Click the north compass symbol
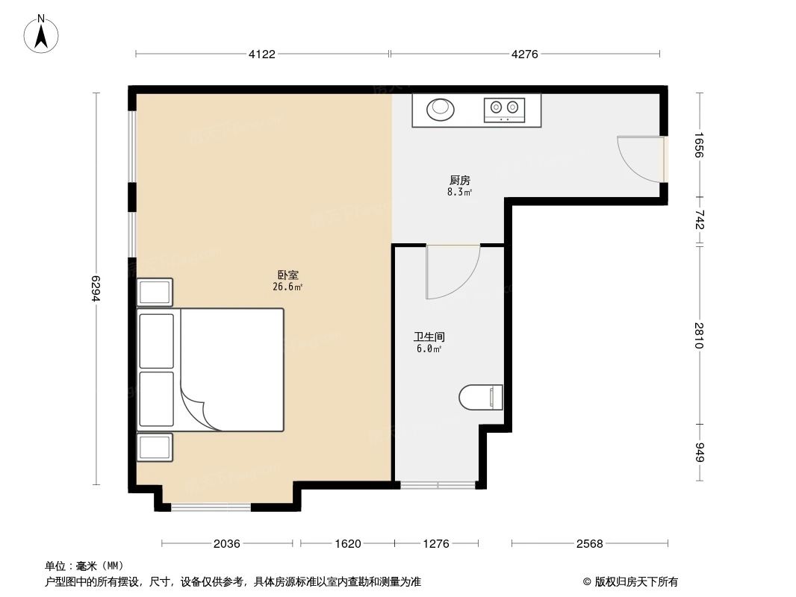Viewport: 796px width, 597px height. click(43, 34)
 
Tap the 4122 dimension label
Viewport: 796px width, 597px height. click(262, 54)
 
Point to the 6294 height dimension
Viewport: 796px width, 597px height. click(96, 289)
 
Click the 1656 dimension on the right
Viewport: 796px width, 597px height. click(699, 146)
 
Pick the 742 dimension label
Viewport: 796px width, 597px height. click(699, 221)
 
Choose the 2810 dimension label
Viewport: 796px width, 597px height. click(699, 335)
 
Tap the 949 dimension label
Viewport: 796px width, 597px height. click(699, 454)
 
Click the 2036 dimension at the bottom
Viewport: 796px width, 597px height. click(226, 544)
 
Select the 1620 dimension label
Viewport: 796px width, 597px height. click(347, 544)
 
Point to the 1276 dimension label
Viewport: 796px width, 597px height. click(435, 544)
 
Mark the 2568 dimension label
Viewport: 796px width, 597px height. click(589, 544)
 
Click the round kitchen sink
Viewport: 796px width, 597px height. click(441, 110)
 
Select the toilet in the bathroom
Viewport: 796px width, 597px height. click(481, 397)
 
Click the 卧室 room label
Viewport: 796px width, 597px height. click(287, 275)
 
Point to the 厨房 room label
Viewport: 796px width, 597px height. click(459, 181)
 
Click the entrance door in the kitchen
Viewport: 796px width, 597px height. click(641, 159)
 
